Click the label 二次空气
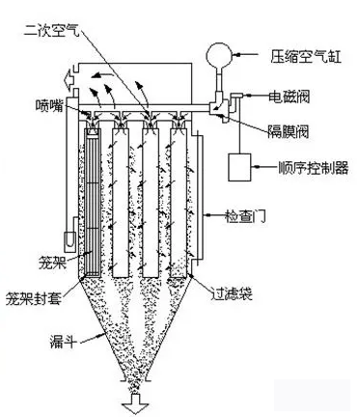(x=51, y=30)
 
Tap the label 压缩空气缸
(x=306, y=57)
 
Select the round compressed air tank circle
(x=219, y=54)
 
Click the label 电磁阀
(x=290, y=96)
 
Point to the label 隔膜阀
(x=289, y=131)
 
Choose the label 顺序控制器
(x=314, y=168)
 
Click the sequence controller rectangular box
(x=239, y=167)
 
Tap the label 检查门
(x=245, y=216)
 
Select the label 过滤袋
(x=232, y=292)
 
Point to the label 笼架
(x=52, y=262)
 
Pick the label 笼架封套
(x=34, y=298)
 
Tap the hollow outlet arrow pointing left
(x=69, y=78)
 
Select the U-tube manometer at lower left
(x=69, y=241)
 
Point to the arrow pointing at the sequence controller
(x=265, y=167)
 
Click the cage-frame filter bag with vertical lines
(x=92, y=203)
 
